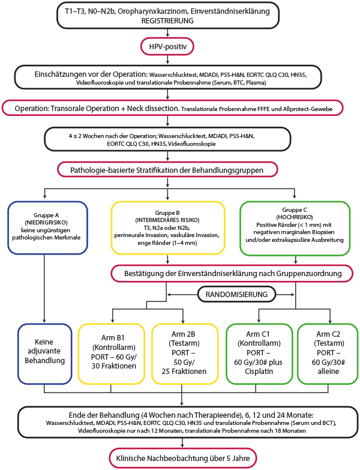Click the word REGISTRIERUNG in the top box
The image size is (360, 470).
(167, 20)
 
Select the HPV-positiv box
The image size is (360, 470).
(167, 46)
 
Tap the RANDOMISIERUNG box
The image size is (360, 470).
(236, 294)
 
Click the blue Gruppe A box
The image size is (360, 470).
(47, 227)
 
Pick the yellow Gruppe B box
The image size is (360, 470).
(168, 227)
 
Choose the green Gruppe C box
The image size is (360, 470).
(295, 229)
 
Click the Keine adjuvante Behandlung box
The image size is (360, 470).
(44, 354)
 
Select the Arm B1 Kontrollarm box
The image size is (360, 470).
(112, 354)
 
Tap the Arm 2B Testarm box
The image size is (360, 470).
(185, 354)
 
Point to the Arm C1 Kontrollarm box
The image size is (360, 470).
(259, 354)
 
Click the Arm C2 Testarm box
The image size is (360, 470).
(328, 354)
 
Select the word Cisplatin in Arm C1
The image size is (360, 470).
(259, 372)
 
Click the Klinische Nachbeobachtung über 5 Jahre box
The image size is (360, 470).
(182, 458)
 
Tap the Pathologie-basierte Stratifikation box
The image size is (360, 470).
(167, 170)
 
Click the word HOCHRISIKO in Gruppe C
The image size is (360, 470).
(295, 217)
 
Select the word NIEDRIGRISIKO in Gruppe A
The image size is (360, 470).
(46, 223)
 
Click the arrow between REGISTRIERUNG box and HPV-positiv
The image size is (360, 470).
(167, 33)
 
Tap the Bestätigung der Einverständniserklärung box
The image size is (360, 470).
(232, 273)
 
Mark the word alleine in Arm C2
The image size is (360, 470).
(328, 372)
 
